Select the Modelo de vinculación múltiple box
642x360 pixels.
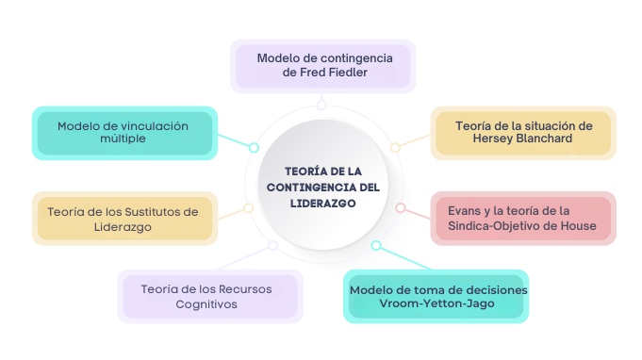pyautogui.click(x=123, y=132)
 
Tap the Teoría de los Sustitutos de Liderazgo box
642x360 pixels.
pyautogui.click(x=123, y=219)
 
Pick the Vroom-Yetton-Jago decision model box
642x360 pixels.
pyautogui.click(x=437, y=296)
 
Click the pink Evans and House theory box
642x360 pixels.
pyautogui.click(x=521, y=218)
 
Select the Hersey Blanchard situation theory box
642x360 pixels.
pyautogui.click(x=522, y=132)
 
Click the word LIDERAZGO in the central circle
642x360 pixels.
pyautogui.click(x=323, y=203)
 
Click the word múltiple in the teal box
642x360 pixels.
pyautogui.click(x=123, y=139)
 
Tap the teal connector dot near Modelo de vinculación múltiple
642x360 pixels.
pyautogui.click(x=254, y=148)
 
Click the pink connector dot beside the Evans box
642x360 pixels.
pyautogui.click(x=400, y=207)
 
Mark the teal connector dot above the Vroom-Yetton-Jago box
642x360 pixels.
pyautogui.click(x=376, y=246)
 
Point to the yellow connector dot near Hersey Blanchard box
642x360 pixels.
pyautogui.click(x=396, y=147)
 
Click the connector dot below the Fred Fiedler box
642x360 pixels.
pyautogui.click(x=321, y=106)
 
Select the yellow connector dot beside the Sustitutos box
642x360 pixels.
pyautogui.click(x=248, y=207)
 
